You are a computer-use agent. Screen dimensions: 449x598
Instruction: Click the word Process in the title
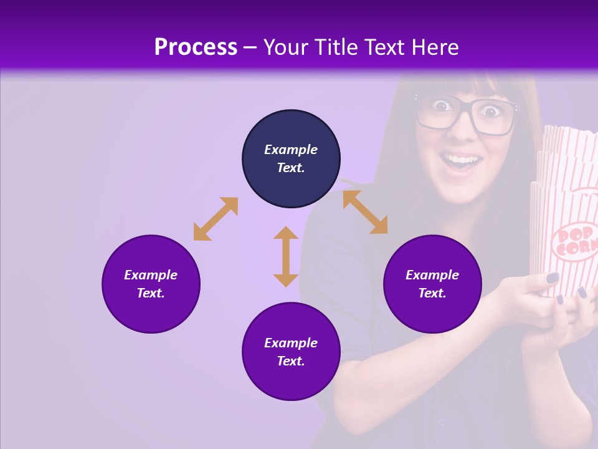click(196, 47)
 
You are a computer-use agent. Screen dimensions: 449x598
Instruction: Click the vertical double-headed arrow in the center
click(286, 256)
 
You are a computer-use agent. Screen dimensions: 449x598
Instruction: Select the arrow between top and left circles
click(216, 219)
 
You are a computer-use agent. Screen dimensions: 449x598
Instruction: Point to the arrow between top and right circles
click(365, 212)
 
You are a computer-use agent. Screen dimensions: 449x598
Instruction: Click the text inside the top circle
click(291, 158)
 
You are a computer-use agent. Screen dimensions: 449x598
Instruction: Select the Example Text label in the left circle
click(151, 284)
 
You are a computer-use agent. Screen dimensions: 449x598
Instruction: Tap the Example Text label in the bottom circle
click(291, 352)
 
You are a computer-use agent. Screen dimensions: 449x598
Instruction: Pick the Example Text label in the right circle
click(432, 284)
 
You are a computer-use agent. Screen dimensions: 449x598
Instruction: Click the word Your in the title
click(286, 47)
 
